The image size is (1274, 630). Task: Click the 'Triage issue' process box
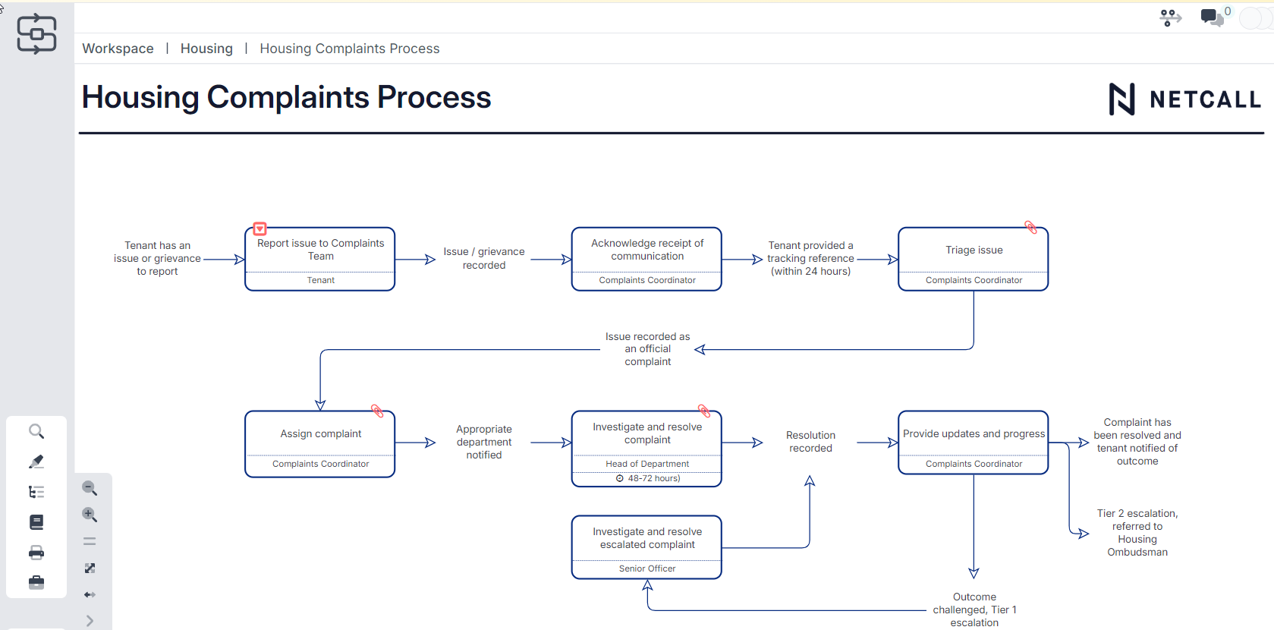coord(974,250)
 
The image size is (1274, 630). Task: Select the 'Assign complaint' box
coord(320,434)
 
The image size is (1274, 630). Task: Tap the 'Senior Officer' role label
coord(646,569)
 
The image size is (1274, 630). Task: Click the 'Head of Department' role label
coord(646,464)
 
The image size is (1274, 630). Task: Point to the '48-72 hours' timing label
coord(653,478)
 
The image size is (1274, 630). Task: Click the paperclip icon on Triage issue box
coord(1030,227)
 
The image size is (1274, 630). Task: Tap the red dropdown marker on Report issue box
coord(260,228)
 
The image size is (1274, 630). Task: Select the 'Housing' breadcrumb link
coord(206,49)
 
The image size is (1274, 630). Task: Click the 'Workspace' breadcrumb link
coord(118,49)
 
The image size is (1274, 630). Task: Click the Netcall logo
coord(1184,99)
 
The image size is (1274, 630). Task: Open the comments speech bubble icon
coord(1211,17)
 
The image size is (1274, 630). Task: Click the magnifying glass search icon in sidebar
coord(36,431)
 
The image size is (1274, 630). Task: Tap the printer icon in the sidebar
coord(36,552)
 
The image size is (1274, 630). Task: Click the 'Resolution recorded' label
coord(810,442)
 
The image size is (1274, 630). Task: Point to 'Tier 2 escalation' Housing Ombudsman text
coord(1137,533)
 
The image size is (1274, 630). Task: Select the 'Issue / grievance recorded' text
coord(484,258)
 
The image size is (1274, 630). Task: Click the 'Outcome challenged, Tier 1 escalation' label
coord(974,610)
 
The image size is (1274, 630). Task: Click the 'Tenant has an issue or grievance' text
coord(157,258)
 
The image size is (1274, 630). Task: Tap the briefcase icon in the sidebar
coord(36,582)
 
